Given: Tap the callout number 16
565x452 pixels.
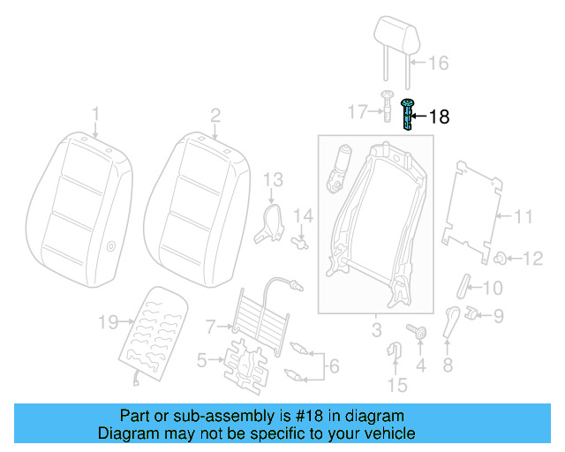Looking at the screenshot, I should click(x=439, y=63).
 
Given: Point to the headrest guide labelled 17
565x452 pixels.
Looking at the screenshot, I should click(x=388, y=107).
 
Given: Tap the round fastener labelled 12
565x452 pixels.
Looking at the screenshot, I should click(x=499, y=258).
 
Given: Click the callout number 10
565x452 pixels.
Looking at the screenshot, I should click(x=492, y=288).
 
